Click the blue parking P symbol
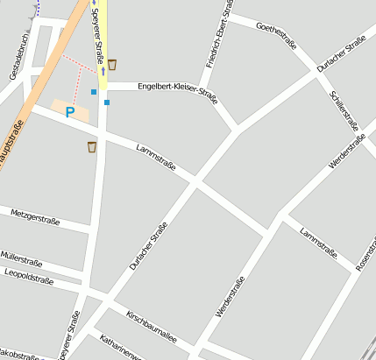69,112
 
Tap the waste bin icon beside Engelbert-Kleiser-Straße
112,64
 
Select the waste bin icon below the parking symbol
92,147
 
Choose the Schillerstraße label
344,110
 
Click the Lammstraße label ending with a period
318,244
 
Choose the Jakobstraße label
19,356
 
